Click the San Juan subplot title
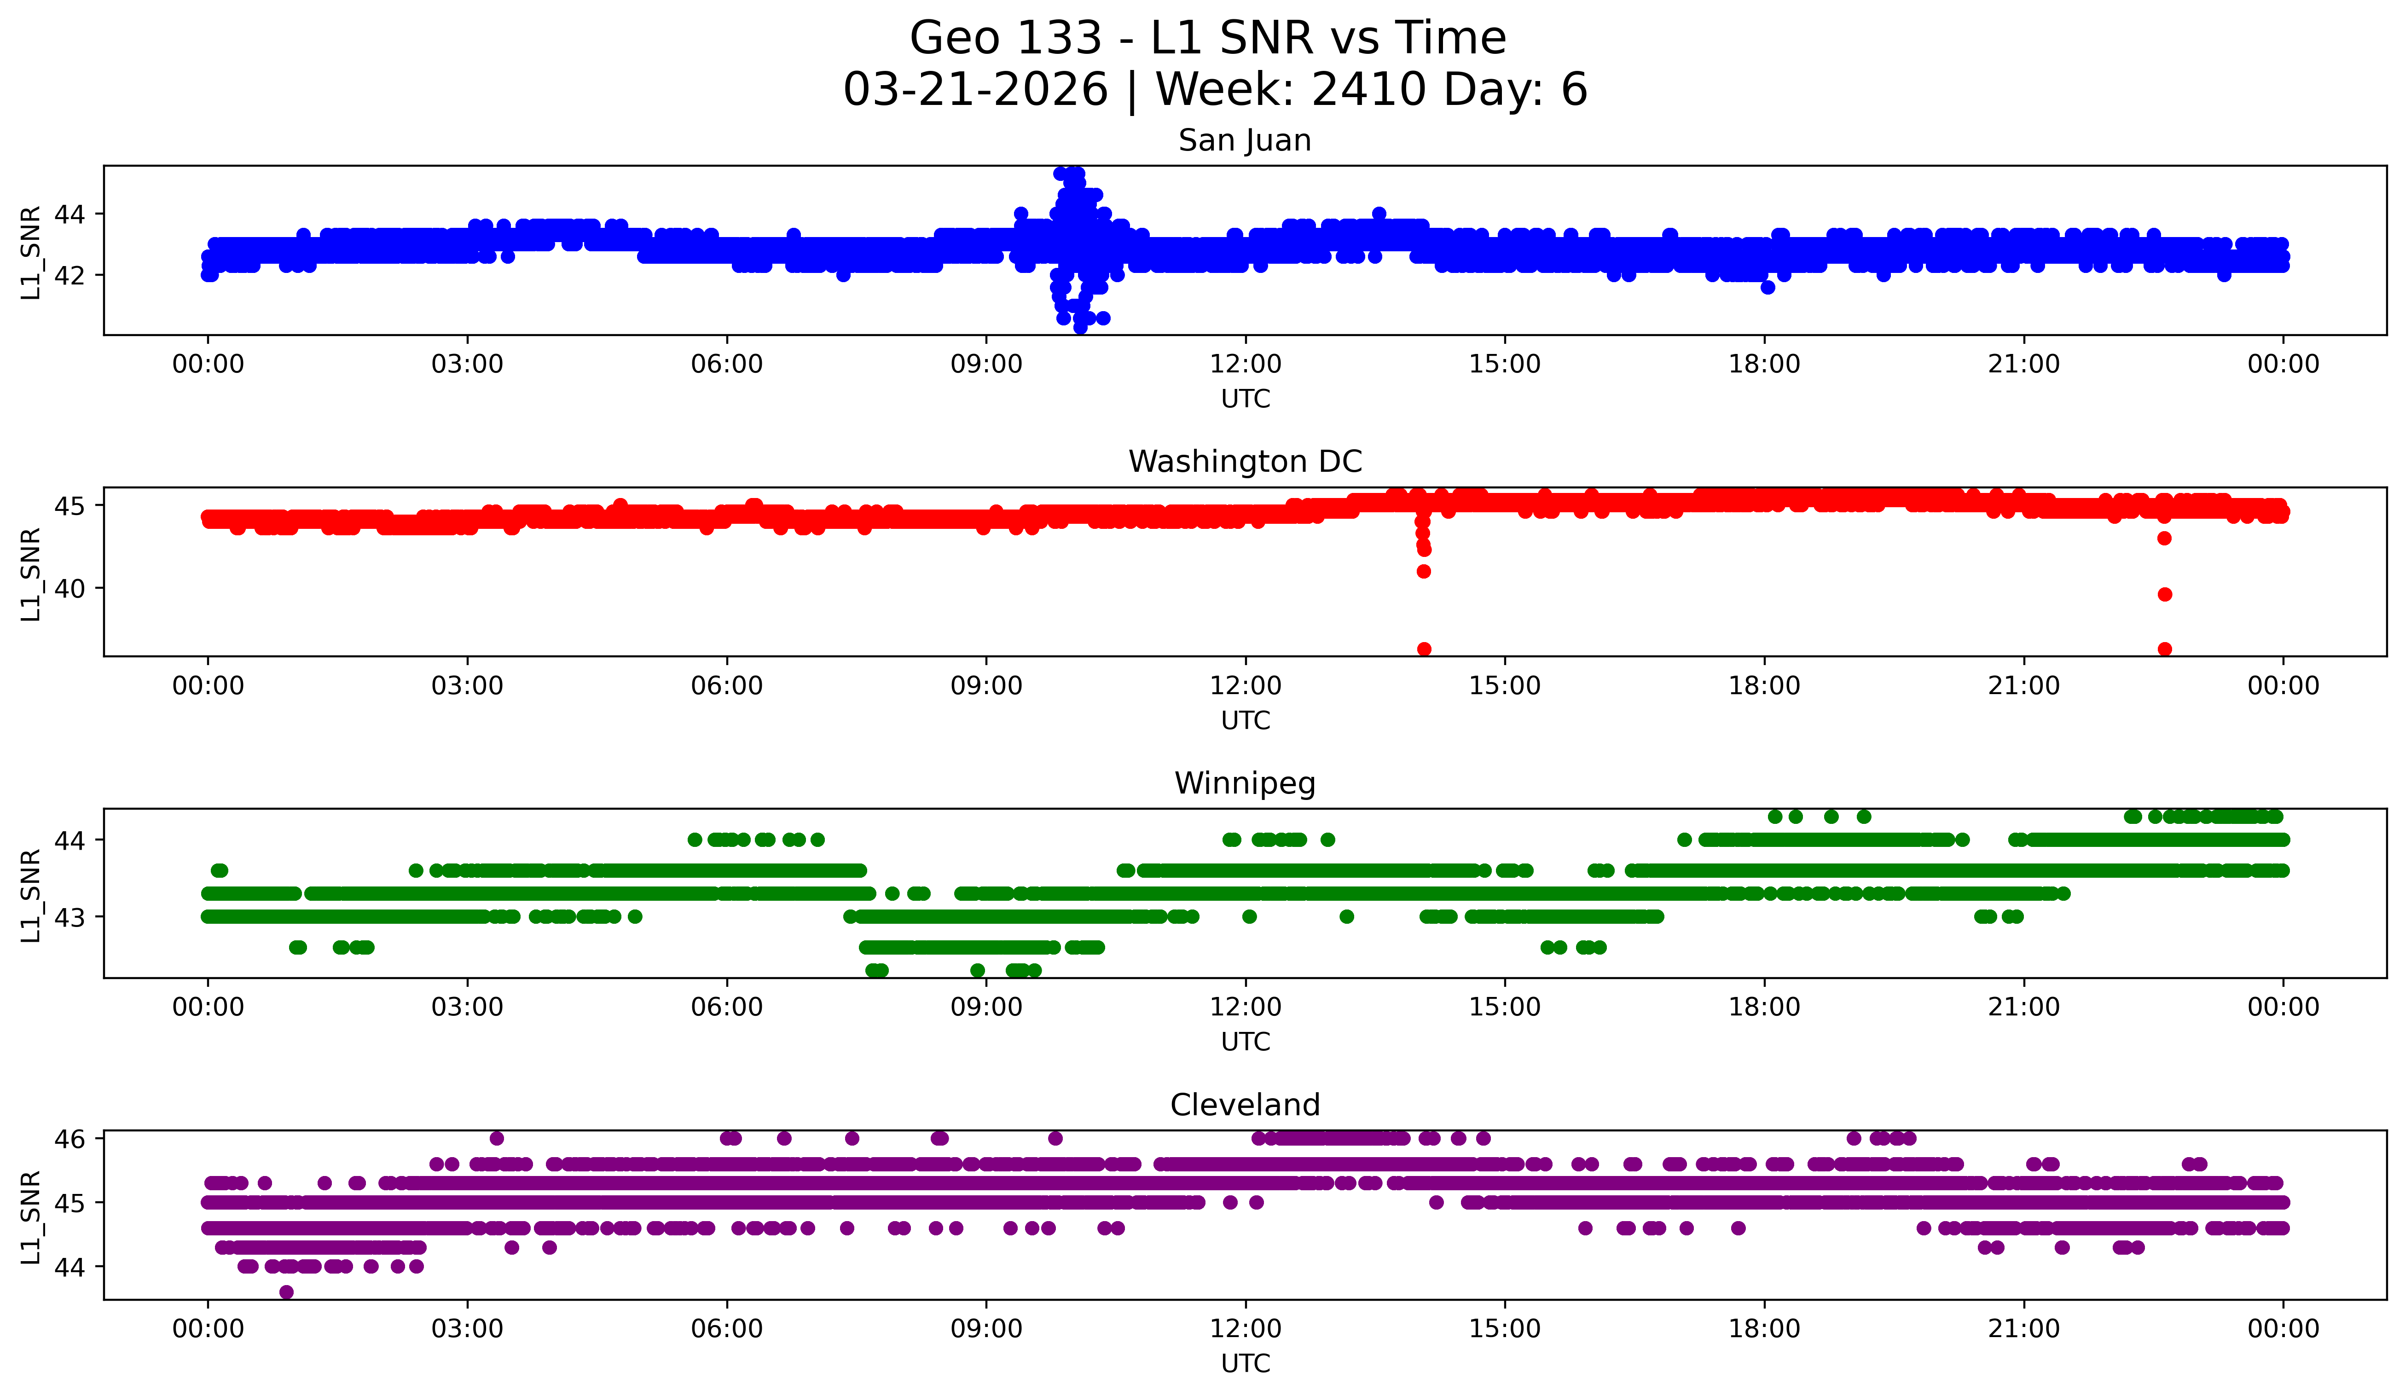point(1245,140)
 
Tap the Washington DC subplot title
point(1245,462)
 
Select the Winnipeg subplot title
point(1245,783)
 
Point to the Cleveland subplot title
point(1245,1105)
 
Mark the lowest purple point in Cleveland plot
point(286,1292)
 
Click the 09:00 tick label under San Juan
point(986,364)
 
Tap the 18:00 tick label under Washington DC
point(1764,685)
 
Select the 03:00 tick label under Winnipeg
point(467,1007)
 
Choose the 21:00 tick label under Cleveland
point(2023,1328)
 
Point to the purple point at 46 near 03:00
point(496,1138)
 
